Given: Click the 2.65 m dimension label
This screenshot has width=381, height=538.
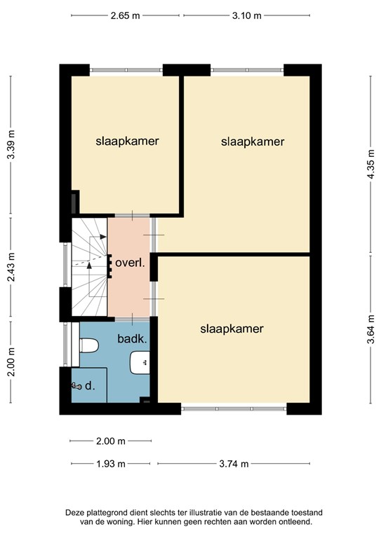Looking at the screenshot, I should (126, 15).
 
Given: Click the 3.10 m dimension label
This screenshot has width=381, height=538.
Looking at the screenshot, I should (248, 15).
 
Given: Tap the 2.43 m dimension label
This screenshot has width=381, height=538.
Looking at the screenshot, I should (10, 267).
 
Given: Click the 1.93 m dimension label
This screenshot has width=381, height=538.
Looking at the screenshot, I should (110, 463).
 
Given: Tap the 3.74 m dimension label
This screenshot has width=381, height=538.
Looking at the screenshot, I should (235, 463).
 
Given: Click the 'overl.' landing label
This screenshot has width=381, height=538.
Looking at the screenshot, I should (131, 264).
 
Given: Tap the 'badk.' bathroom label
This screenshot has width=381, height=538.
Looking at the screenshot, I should (132, 339).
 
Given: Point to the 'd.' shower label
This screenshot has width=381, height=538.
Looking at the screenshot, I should (89, 385).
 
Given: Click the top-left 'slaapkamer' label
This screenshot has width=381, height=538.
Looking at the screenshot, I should (127, 141).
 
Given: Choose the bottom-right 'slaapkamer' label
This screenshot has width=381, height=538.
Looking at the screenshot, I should (232, 328).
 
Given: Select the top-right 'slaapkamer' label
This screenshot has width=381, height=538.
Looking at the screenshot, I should (253, 142).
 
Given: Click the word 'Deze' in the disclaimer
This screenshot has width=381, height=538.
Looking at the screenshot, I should (77, 513).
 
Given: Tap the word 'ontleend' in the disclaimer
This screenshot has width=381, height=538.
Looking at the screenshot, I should (293, 522).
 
